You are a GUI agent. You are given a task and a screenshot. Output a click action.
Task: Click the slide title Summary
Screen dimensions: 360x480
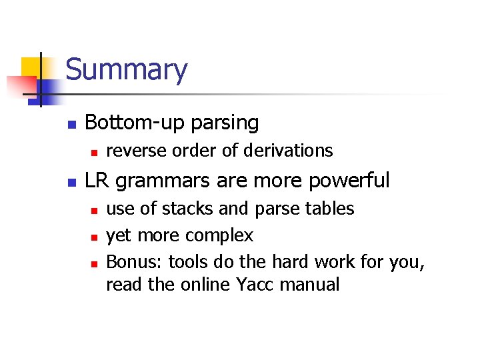126,70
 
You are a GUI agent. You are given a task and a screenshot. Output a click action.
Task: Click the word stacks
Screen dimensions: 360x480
183,209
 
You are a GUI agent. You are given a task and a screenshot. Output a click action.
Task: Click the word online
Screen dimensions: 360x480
205,285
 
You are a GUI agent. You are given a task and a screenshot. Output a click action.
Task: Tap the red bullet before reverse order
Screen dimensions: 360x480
95,153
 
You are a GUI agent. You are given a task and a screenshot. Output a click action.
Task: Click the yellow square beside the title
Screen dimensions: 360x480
32,67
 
